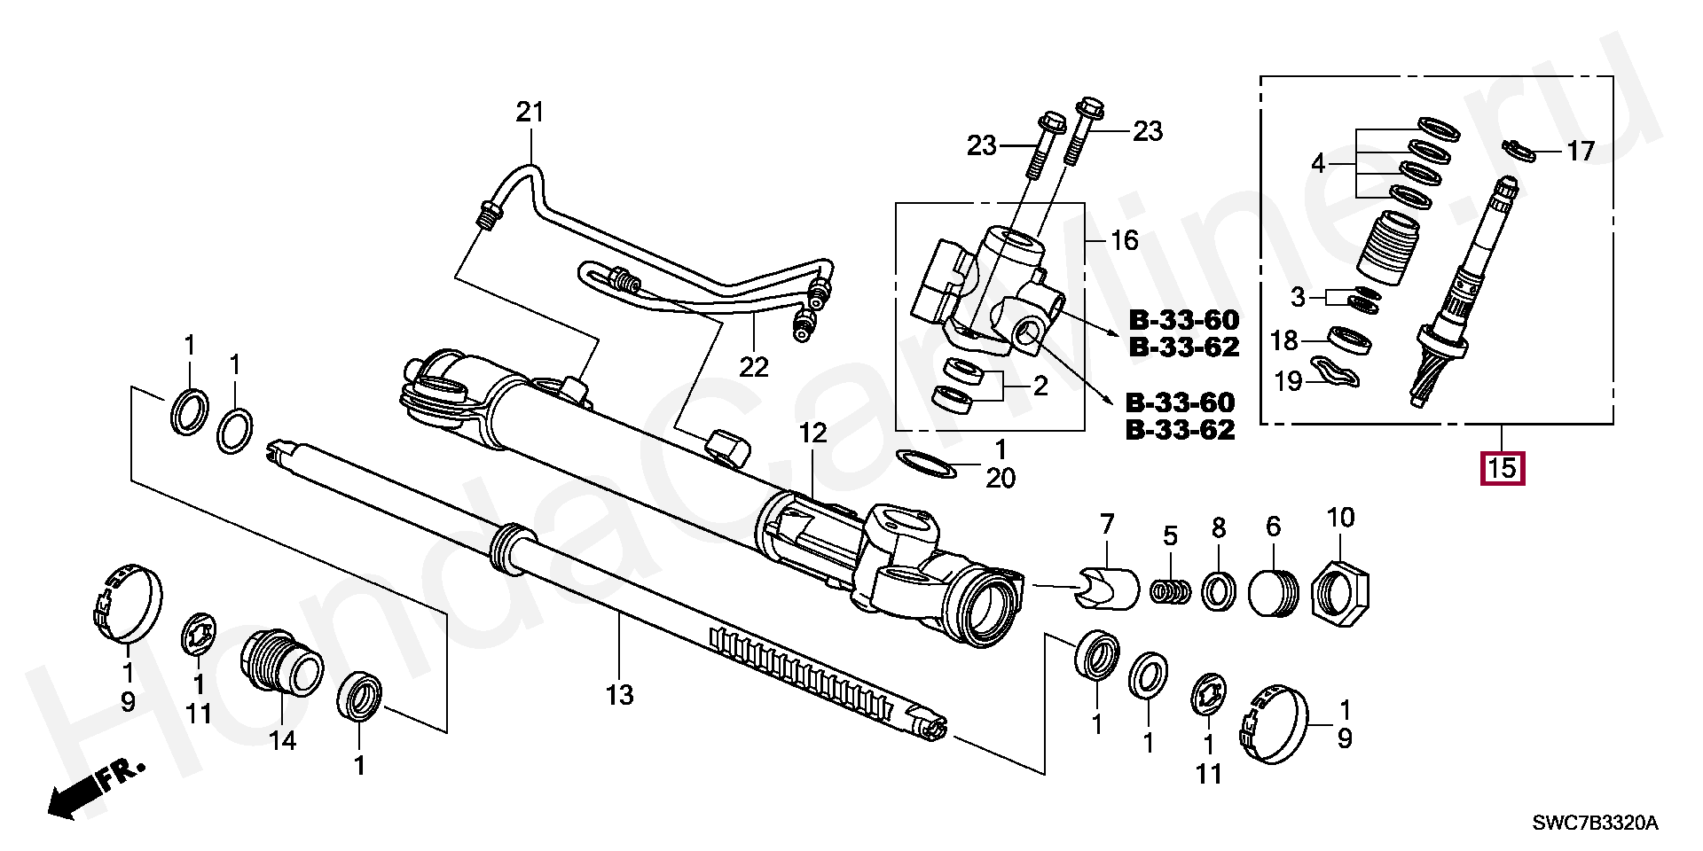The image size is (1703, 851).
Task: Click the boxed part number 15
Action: coord(1502,467)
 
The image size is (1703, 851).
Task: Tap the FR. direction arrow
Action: coord(93,787)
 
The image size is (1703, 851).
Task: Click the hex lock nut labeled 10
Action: coord(1340,592)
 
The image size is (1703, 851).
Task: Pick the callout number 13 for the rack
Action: coord(619,695)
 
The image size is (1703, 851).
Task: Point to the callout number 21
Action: coord(530,113)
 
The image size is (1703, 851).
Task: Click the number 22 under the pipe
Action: coord(753,366)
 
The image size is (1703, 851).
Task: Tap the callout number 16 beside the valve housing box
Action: coord(1124,240)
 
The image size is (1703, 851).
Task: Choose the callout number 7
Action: coord(1106,525)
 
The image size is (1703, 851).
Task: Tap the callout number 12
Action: coord(812,433)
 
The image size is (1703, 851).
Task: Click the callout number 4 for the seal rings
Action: coord(1318,164)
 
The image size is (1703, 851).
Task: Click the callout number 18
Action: coord(1283,340)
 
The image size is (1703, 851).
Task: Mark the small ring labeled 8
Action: coord(1219,589)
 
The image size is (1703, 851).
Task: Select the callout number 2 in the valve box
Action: coord(1040,386)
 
